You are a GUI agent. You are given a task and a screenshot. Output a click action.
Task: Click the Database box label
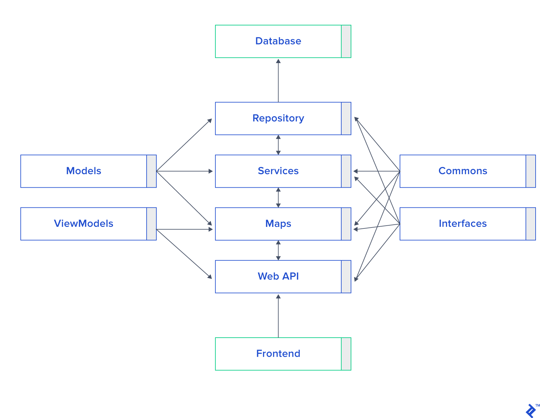278,41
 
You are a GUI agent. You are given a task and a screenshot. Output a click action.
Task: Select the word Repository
278,118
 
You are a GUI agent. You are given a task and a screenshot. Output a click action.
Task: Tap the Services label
278,171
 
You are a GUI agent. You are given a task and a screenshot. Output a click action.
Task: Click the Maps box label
278,224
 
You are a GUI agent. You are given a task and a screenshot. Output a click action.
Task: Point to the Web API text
278,276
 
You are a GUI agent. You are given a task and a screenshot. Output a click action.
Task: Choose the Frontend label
278,354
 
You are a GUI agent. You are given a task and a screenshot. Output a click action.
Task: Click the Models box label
84,171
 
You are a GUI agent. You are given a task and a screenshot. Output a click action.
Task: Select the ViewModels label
84,224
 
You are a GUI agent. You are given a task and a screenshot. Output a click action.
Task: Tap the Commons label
463,171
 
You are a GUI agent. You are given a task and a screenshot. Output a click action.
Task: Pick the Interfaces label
463,224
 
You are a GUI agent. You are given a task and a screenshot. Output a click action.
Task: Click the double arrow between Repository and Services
278,145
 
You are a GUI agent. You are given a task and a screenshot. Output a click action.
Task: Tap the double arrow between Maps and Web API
278,250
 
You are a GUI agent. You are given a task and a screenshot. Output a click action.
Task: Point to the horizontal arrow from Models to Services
185,171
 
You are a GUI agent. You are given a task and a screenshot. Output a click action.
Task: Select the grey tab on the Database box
346,41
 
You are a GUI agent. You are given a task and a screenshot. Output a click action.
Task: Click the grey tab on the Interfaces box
531,224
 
